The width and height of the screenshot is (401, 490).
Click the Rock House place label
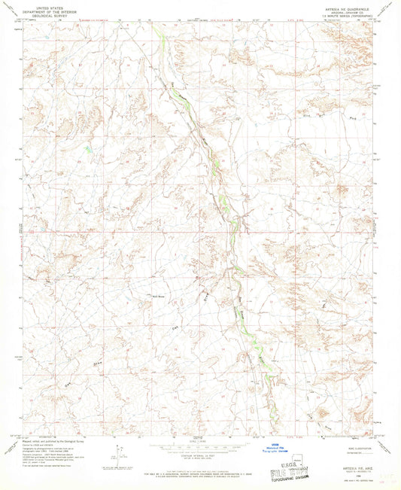[x=160, y=297]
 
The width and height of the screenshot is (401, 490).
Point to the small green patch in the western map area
[x=89, y=150]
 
